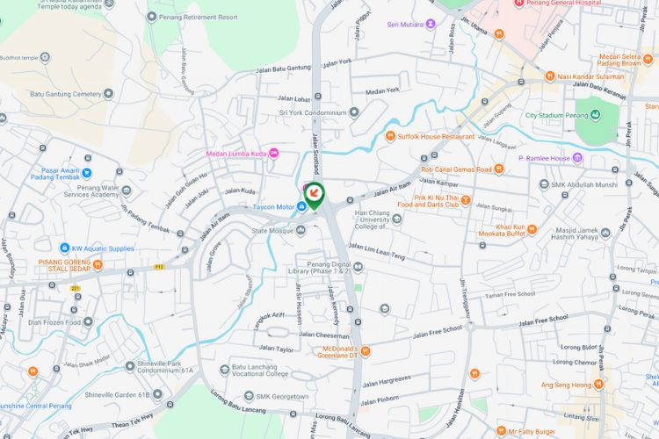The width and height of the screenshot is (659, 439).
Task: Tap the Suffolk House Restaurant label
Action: click(436, 136)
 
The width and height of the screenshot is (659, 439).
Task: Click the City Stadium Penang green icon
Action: click(595, 115)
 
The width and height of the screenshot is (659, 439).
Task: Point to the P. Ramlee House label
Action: click(544, 158)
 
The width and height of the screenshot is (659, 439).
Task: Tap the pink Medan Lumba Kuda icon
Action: click(273, 152)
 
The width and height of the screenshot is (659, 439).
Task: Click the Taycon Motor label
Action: click(273, 207)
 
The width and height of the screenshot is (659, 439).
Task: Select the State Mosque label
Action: click(272, 231)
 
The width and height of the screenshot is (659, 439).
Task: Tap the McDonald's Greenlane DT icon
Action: click(366, 351)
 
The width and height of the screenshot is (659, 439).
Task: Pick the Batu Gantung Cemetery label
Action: click(66, 93)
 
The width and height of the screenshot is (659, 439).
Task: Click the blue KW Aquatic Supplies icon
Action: click(64, 248)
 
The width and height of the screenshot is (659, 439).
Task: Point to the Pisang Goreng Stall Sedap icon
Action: click(98, 263)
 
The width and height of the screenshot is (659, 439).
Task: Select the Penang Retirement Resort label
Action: click(204, 17)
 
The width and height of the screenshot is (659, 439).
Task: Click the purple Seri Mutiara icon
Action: click(431, 24)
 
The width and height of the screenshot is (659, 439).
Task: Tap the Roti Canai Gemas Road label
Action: click(456, 169)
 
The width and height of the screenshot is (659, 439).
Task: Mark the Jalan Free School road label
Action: click(437, 332)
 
